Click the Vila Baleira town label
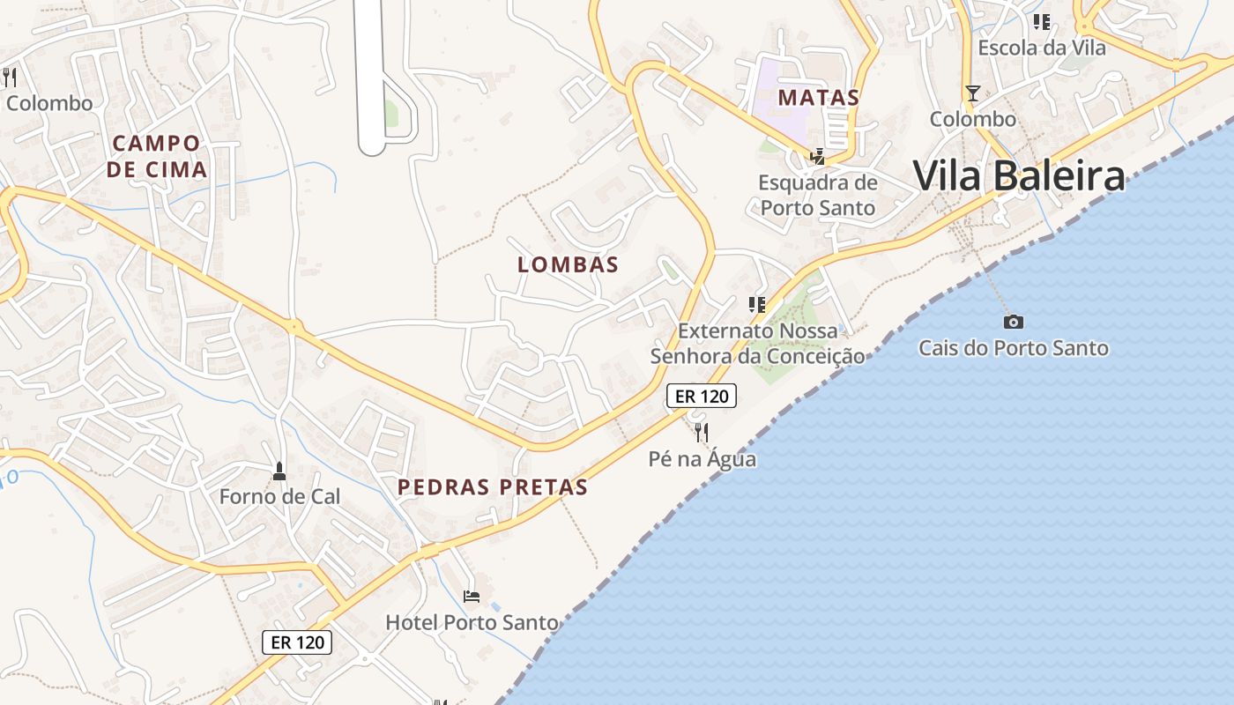coord(1019,176)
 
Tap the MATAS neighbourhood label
coord(819,97)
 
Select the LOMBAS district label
coord(568,264)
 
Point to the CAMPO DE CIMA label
coord(157,156)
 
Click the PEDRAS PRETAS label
coord(492,487)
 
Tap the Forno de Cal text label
coord(279,496)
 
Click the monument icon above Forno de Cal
coord(279,471)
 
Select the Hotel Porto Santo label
coord(472,622)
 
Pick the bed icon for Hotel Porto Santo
coord(472,597)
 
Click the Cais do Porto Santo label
coord(1014,348)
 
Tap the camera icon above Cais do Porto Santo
coord(1014,322)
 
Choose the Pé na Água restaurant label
coord(702,459)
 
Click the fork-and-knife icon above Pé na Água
coord(702,432)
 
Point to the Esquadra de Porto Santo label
coord(818,196)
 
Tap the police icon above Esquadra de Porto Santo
coord(818,157)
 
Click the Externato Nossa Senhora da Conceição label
coord(757,344)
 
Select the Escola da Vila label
coord(1042,48)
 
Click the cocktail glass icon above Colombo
coord(972,93)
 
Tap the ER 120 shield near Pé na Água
coord(702,397)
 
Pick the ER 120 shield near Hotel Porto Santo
coord(297,642)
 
